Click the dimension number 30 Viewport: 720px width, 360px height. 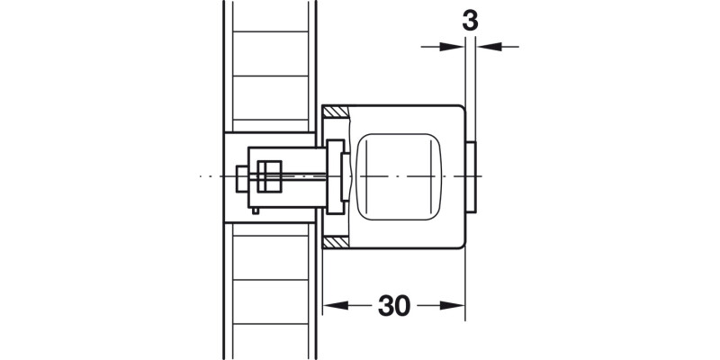point(394,306)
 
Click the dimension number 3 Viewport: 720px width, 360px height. point(469,20)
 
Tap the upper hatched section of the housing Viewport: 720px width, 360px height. point(334,112)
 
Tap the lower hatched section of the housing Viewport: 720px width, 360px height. point(334,243)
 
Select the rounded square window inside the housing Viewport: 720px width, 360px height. point(401,177)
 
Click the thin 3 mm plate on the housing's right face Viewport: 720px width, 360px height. point(472,177)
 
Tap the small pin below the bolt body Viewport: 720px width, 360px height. point(257,211)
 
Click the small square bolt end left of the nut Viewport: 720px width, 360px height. point(242,177)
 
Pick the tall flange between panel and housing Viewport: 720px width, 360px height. point(336,177)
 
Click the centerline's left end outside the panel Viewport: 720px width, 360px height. point(202,177)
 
